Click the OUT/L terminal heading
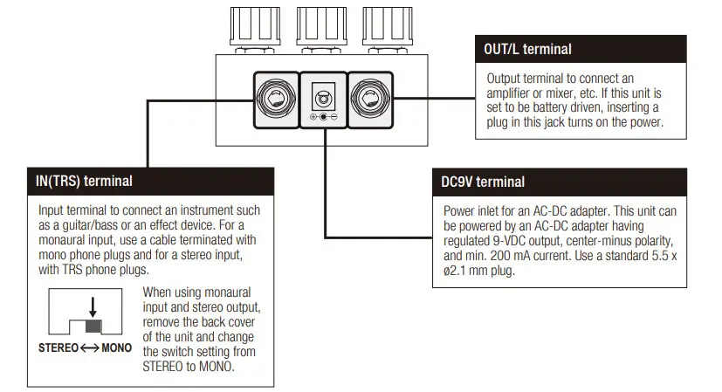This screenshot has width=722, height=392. coord(527,49)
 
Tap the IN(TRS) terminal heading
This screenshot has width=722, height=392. coord(84,181)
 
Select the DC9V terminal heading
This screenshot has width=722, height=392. coord(483,182)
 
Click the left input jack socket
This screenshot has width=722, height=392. coord(276,99)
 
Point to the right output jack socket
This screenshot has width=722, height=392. coord(370,99)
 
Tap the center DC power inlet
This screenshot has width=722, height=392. coord(323,98)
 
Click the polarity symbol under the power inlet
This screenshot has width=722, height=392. coord(323,117)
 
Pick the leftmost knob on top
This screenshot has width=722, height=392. coord(255,29)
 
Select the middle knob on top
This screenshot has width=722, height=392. coord(321,29)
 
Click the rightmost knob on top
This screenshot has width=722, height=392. coord(388,29)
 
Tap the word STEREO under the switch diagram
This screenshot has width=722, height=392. coord(58,347)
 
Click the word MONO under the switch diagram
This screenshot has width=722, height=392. coord(116,347)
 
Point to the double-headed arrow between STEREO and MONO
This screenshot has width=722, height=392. coord(90,347)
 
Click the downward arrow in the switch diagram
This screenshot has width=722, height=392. coord(93,306)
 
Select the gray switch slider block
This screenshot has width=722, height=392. coord(93,327)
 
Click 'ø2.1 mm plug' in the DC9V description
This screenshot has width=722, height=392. coord(479,271)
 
